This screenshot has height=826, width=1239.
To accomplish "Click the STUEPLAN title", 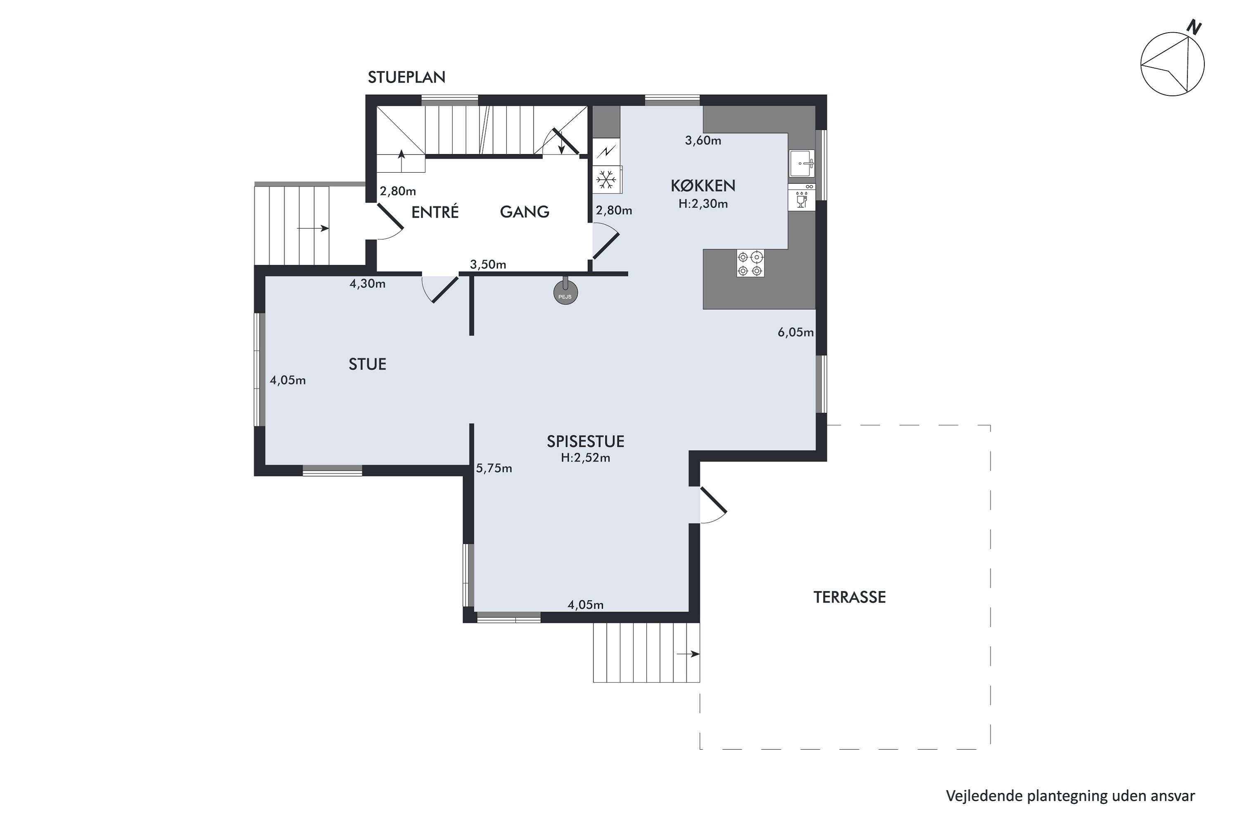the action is [406, 78].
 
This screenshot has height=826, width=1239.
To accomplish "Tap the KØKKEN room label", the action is [703, 185].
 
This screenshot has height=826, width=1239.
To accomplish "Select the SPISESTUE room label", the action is [585, 441].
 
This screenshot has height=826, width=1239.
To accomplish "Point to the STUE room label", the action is [367, 364].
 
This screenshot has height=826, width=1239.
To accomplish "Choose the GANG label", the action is [524, 212].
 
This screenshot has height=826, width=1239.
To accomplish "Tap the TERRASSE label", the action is [849, 597].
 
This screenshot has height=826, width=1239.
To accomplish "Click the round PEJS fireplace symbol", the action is [565, 293].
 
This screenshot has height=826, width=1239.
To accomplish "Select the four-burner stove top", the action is [750, 263].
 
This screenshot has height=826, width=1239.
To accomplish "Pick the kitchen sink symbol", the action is [802, 163].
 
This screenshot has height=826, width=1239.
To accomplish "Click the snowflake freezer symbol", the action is [606, 180].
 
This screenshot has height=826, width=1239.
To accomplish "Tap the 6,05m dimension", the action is [795, 332].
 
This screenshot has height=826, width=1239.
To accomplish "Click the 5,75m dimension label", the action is [494, 468].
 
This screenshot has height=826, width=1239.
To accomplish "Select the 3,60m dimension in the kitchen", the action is [703, 141].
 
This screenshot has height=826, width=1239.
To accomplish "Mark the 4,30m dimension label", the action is [367, 284].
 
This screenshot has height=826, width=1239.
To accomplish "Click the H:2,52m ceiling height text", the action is [585, 458].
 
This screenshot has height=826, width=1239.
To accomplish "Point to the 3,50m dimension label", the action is [488, 264].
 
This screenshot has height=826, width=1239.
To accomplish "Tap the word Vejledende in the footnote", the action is [984, 796].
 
